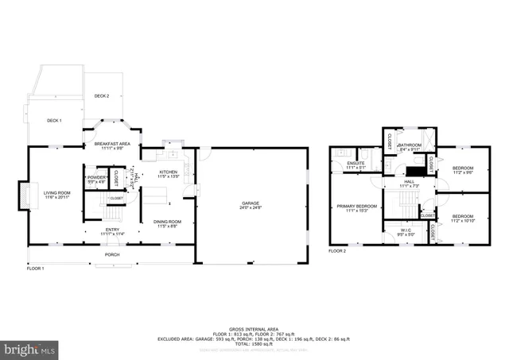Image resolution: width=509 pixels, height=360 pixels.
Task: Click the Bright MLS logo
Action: (x=30, y=348)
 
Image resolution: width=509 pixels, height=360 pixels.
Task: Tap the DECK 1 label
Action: (x=54, y=120)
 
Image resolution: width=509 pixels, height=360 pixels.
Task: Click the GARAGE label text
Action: (x=251, y=203)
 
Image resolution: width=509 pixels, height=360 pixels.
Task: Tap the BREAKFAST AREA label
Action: (x=111, y=145)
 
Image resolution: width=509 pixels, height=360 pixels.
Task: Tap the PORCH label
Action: (x=113, y=255)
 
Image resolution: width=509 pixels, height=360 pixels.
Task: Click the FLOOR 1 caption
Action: (x=35, y=269)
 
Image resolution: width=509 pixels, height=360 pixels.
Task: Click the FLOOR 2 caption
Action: (x=337, y=251)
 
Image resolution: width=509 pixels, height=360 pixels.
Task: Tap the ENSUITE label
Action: (x=355, y=165)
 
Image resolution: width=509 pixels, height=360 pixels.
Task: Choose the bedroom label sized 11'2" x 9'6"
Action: (x=462, y=169)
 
